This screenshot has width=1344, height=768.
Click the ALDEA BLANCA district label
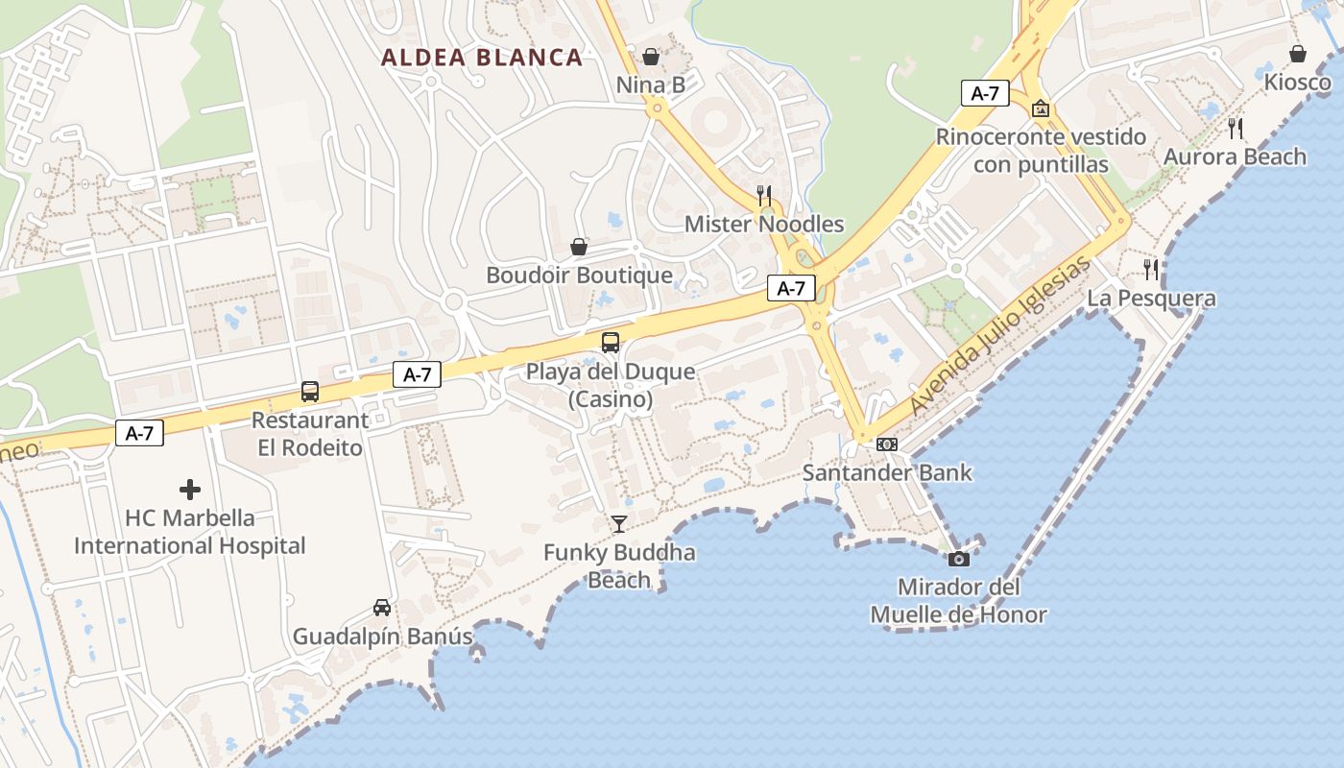pos(482,58)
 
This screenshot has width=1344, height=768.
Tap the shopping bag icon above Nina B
pos(651,57)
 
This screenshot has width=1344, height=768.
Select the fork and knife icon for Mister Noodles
pos(764,196)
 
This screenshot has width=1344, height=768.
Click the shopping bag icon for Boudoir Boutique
pos(579,247)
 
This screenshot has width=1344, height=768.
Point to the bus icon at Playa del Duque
pos(611,342)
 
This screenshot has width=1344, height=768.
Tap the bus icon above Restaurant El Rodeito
pos(309,391)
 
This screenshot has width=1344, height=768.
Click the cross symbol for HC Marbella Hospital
pos(190,490)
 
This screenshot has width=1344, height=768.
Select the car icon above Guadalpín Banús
pos(382,608)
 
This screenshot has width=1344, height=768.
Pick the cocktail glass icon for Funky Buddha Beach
pos(619,523)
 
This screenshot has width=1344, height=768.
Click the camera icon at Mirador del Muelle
pos(958,559)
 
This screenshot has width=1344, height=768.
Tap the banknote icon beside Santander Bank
pos(887,444)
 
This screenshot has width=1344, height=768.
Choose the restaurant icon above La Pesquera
pos(1151,269)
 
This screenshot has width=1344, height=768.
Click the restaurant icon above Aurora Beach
pos(1236,128)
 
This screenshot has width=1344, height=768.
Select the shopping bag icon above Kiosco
pos(1298,54)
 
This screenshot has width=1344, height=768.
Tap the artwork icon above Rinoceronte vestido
pos(1041,108)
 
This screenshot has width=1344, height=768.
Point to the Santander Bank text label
pos(887,472)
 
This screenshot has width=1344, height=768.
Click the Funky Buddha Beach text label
pos(619,566)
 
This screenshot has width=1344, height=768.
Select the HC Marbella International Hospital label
pos(190,532)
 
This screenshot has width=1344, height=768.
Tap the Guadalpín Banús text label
pos(382,636)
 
